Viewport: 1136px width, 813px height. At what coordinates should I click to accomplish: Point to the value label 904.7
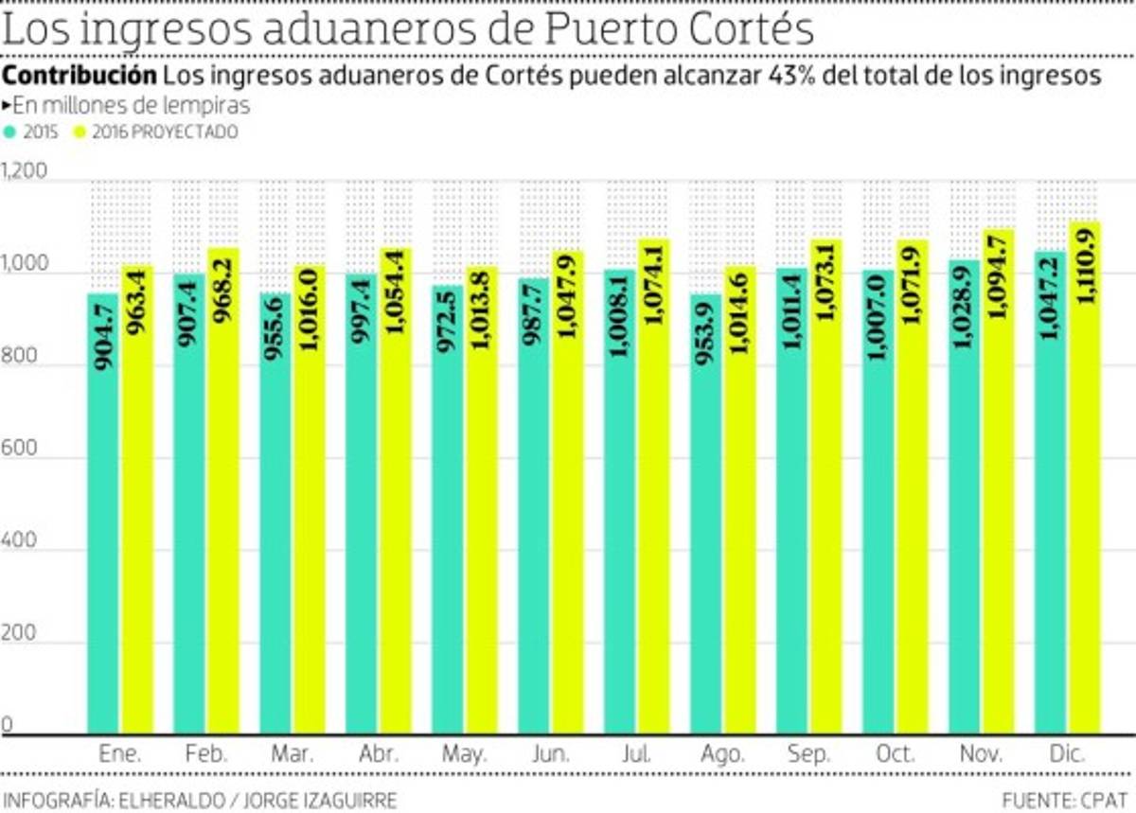click(104, 331)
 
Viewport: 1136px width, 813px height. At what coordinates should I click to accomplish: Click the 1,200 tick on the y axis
click(24, 172)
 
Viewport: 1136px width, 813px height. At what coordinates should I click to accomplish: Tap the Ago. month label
click(722, 755)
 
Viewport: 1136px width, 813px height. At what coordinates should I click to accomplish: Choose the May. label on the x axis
click(464, 755)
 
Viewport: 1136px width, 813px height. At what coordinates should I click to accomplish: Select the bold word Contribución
click(80, 76)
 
